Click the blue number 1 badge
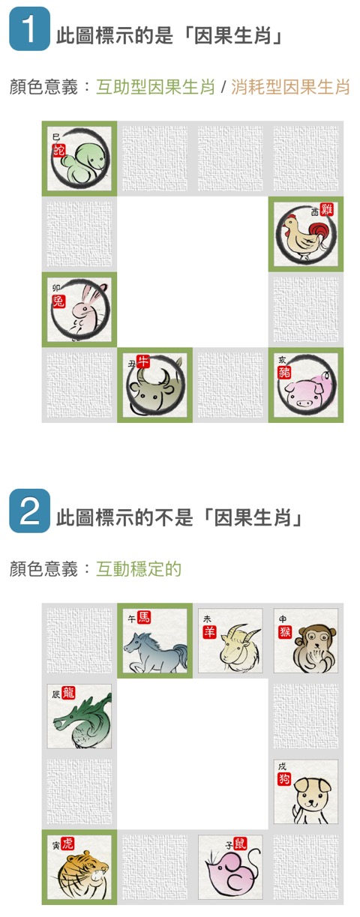coord(29,28)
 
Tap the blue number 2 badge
coord(29,510)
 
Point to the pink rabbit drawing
coord(87,310)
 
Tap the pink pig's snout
coord(304,403)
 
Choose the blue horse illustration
coord(156,652)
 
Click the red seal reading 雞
coord(327,209)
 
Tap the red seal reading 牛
coord(143,361)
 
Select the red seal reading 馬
coord(144,616)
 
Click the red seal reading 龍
coord(68,693)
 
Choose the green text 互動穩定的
coord(139,568)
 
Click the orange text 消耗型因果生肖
coord(290,87)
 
